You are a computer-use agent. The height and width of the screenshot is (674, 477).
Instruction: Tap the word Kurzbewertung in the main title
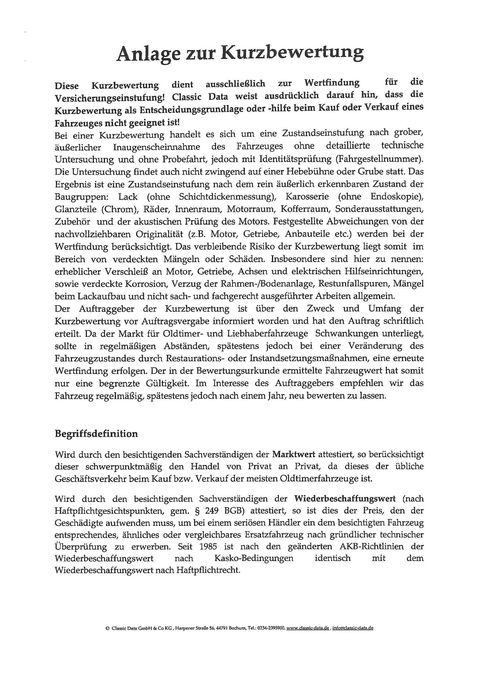click(292, 53)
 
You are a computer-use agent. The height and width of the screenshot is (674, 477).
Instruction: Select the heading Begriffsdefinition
click(96, 434)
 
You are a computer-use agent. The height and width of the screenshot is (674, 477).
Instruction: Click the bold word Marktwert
click(293, 454)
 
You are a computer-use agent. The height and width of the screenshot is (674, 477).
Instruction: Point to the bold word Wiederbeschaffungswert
click(345, 498)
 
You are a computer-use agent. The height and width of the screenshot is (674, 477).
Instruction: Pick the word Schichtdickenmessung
click(227, 196)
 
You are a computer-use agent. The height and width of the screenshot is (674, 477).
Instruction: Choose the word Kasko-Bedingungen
click(254, 558)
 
